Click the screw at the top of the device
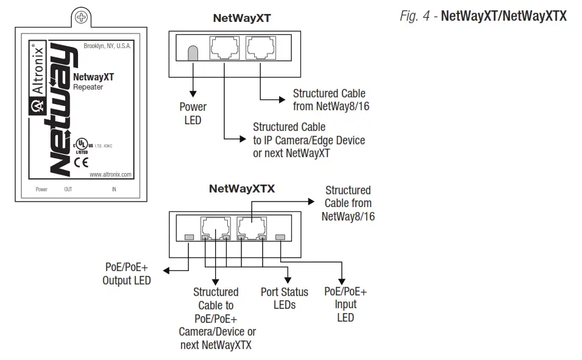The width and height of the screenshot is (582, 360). pos(80,18)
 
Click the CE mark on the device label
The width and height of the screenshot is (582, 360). pos(81,162)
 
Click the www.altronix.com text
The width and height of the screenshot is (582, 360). pos(110,174)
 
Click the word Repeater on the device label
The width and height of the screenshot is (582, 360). pos(88,87)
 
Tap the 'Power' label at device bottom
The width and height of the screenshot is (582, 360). pos(41,189)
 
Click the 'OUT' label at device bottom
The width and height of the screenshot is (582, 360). pos(68,189)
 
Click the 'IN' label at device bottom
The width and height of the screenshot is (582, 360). pos(113,189)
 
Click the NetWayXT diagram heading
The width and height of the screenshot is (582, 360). pos(241,18)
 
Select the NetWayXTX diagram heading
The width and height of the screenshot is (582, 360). pos(241,189)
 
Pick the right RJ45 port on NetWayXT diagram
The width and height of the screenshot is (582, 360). pos(260,48)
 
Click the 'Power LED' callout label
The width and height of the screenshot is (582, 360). pos(193,113)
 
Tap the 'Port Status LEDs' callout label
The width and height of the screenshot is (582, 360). pos(284,298)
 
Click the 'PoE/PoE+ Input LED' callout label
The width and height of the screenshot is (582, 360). pos(346,304)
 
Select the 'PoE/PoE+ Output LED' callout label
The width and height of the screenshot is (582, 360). pos(127,274)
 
